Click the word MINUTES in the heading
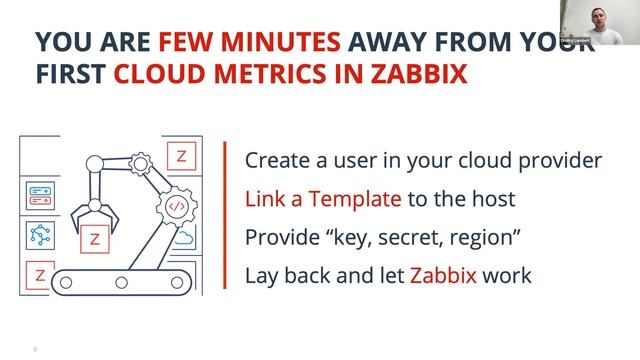coord(269,42)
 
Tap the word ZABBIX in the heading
coord(418,75)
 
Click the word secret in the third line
coord(425,236)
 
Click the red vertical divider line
coord(222,215)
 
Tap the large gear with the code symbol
coord(176,206)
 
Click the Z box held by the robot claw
coord(95,240)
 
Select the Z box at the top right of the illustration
coord(181,156)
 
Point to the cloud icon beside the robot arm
coord(184,238)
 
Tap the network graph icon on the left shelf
coord(40,235)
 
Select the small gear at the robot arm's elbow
coord(140,160)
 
